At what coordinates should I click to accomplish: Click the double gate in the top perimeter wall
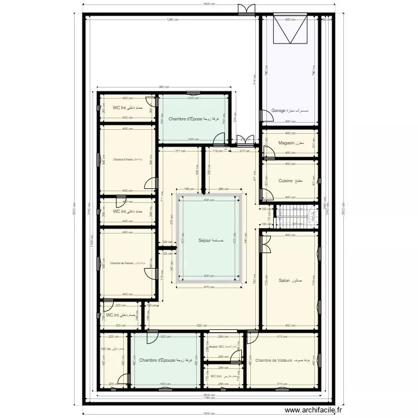pos(246,10)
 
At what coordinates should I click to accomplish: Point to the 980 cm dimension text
pos(163,87)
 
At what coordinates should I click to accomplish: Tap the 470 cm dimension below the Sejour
pos(208,287)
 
